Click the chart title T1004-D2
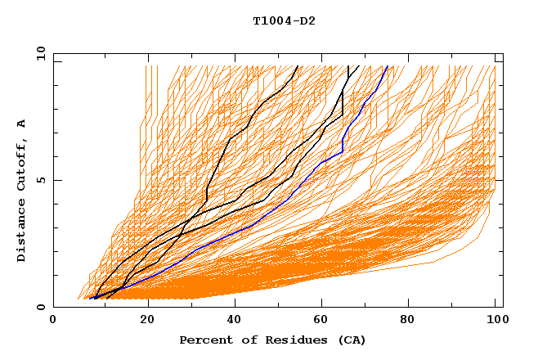point(284,20)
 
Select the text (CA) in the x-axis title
point(349,340)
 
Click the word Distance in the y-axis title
point(21,232)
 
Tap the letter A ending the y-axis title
point(21,123)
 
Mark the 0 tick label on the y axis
point(41,307)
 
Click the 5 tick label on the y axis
point(41,180)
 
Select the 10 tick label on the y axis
point(39,53)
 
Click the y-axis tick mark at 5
point(57,180)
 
